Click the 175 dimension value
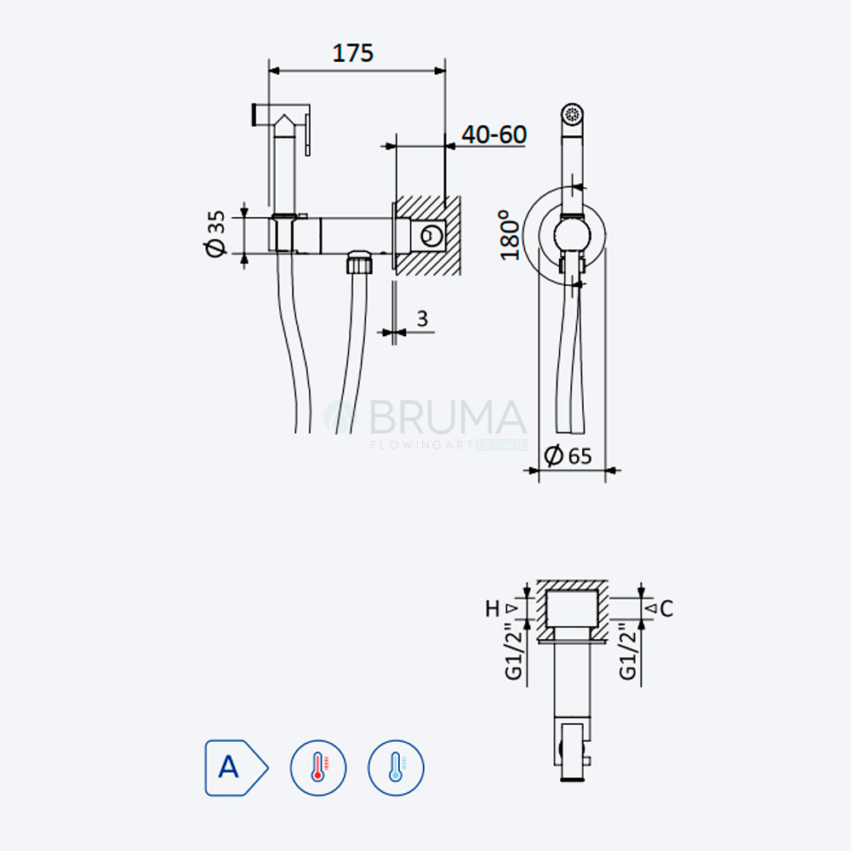[353, 53]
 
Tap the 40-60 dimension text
[494, 134]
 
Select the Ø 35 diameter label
[215, 233]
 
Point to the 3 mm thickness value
[422, 318]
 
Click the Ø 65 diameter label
[568, 455]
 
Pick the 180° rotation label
[510, 235]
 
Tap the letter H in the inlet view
[492, 608]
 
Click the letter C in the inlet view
[667, 608]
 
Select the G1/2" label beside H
[513, 650]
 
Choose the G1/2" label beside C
[627, 650]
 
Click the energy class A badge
[236, 768]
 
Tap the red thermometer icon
[318, 768]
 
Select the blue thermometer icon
[396, 768]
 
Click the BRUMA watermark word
[448, 417]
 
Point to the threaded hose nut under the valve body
[360, 261]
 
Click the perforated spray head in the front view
[572, 114]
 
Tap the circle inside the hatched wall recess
[431, 236]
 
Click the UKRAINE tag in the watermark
[502, 445]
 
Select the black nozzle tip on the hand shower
[254, 115]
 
